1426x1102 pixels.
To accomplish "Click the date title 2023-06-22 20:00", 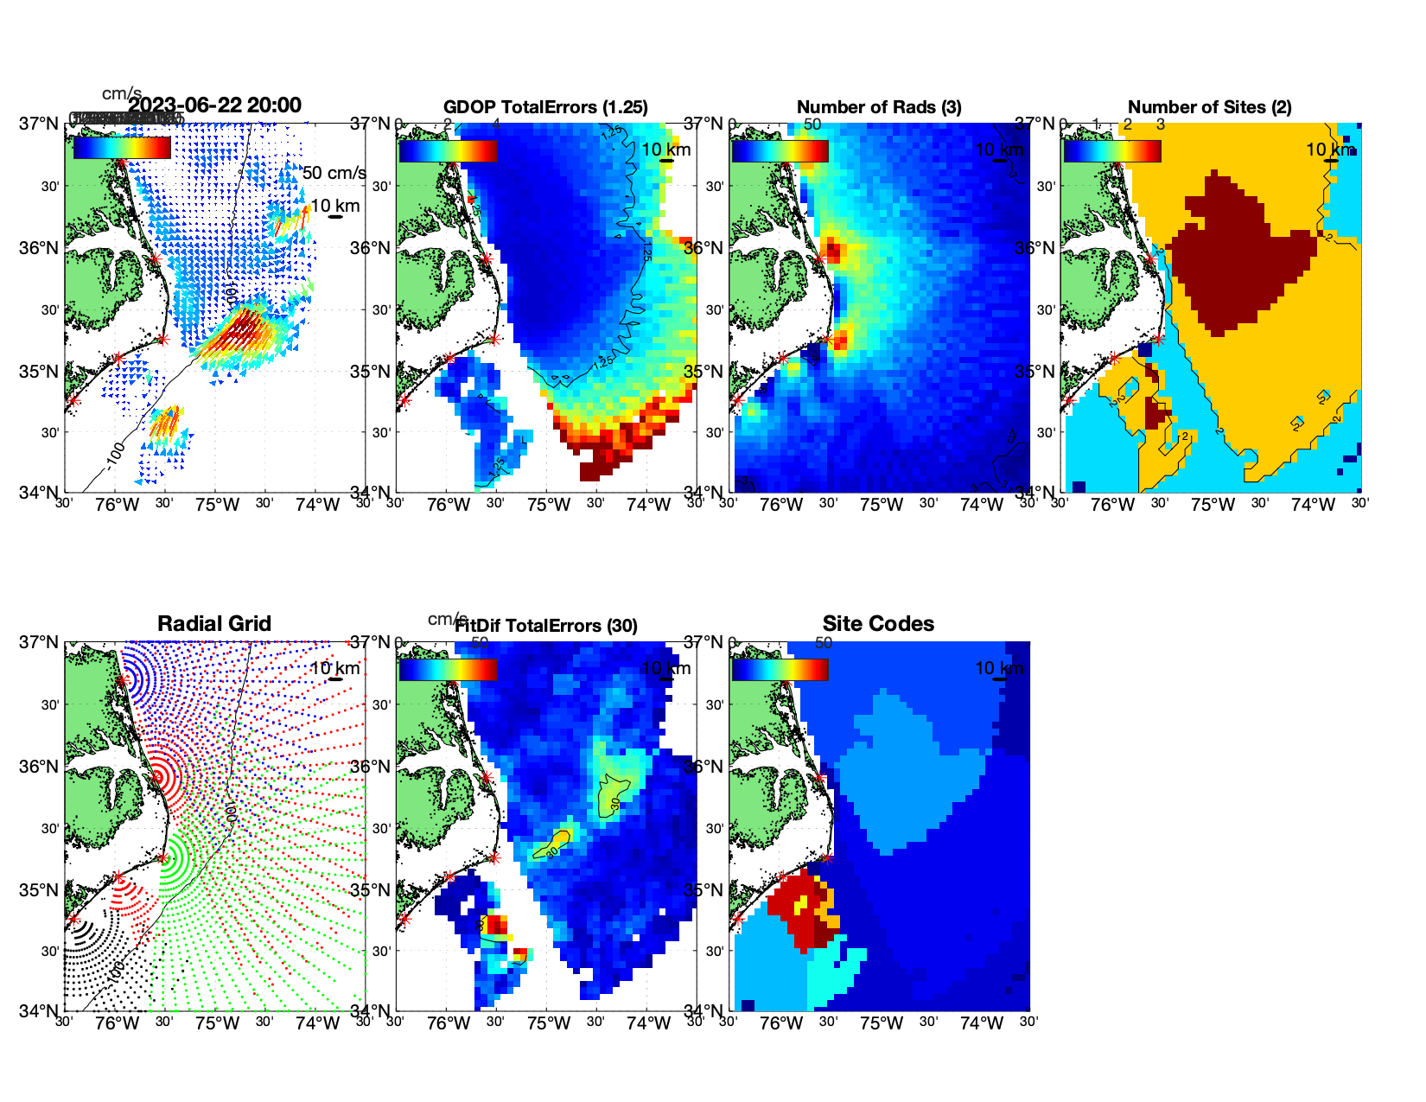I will [215, 105].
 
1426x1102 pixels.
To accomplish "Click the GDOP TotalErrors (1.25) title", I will [545, 107].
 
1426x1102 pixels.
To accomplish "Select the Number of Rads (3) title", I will [879, 107].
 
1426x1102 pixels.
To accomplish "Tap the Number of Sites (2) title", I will [1209, 107].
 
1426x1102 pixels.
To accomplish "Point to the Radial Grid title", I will [214, 624].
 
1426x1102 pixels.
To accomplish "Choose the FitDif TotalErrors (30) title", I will [546, 626].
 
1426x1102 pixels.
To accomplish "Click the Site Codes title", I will [878, 624].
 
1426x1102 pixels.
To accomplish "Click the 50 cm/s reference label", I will [334, 173].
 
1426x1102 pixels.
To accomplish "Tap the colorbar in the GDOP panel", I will [448, 150].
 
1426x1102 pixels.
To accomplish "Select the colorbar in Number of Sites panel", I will [1112, 150].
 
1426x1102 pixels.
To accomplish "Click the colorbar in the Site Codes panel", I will [780, 669].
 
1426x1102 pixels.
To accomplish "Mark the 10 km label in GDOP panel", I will [665, 150].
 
